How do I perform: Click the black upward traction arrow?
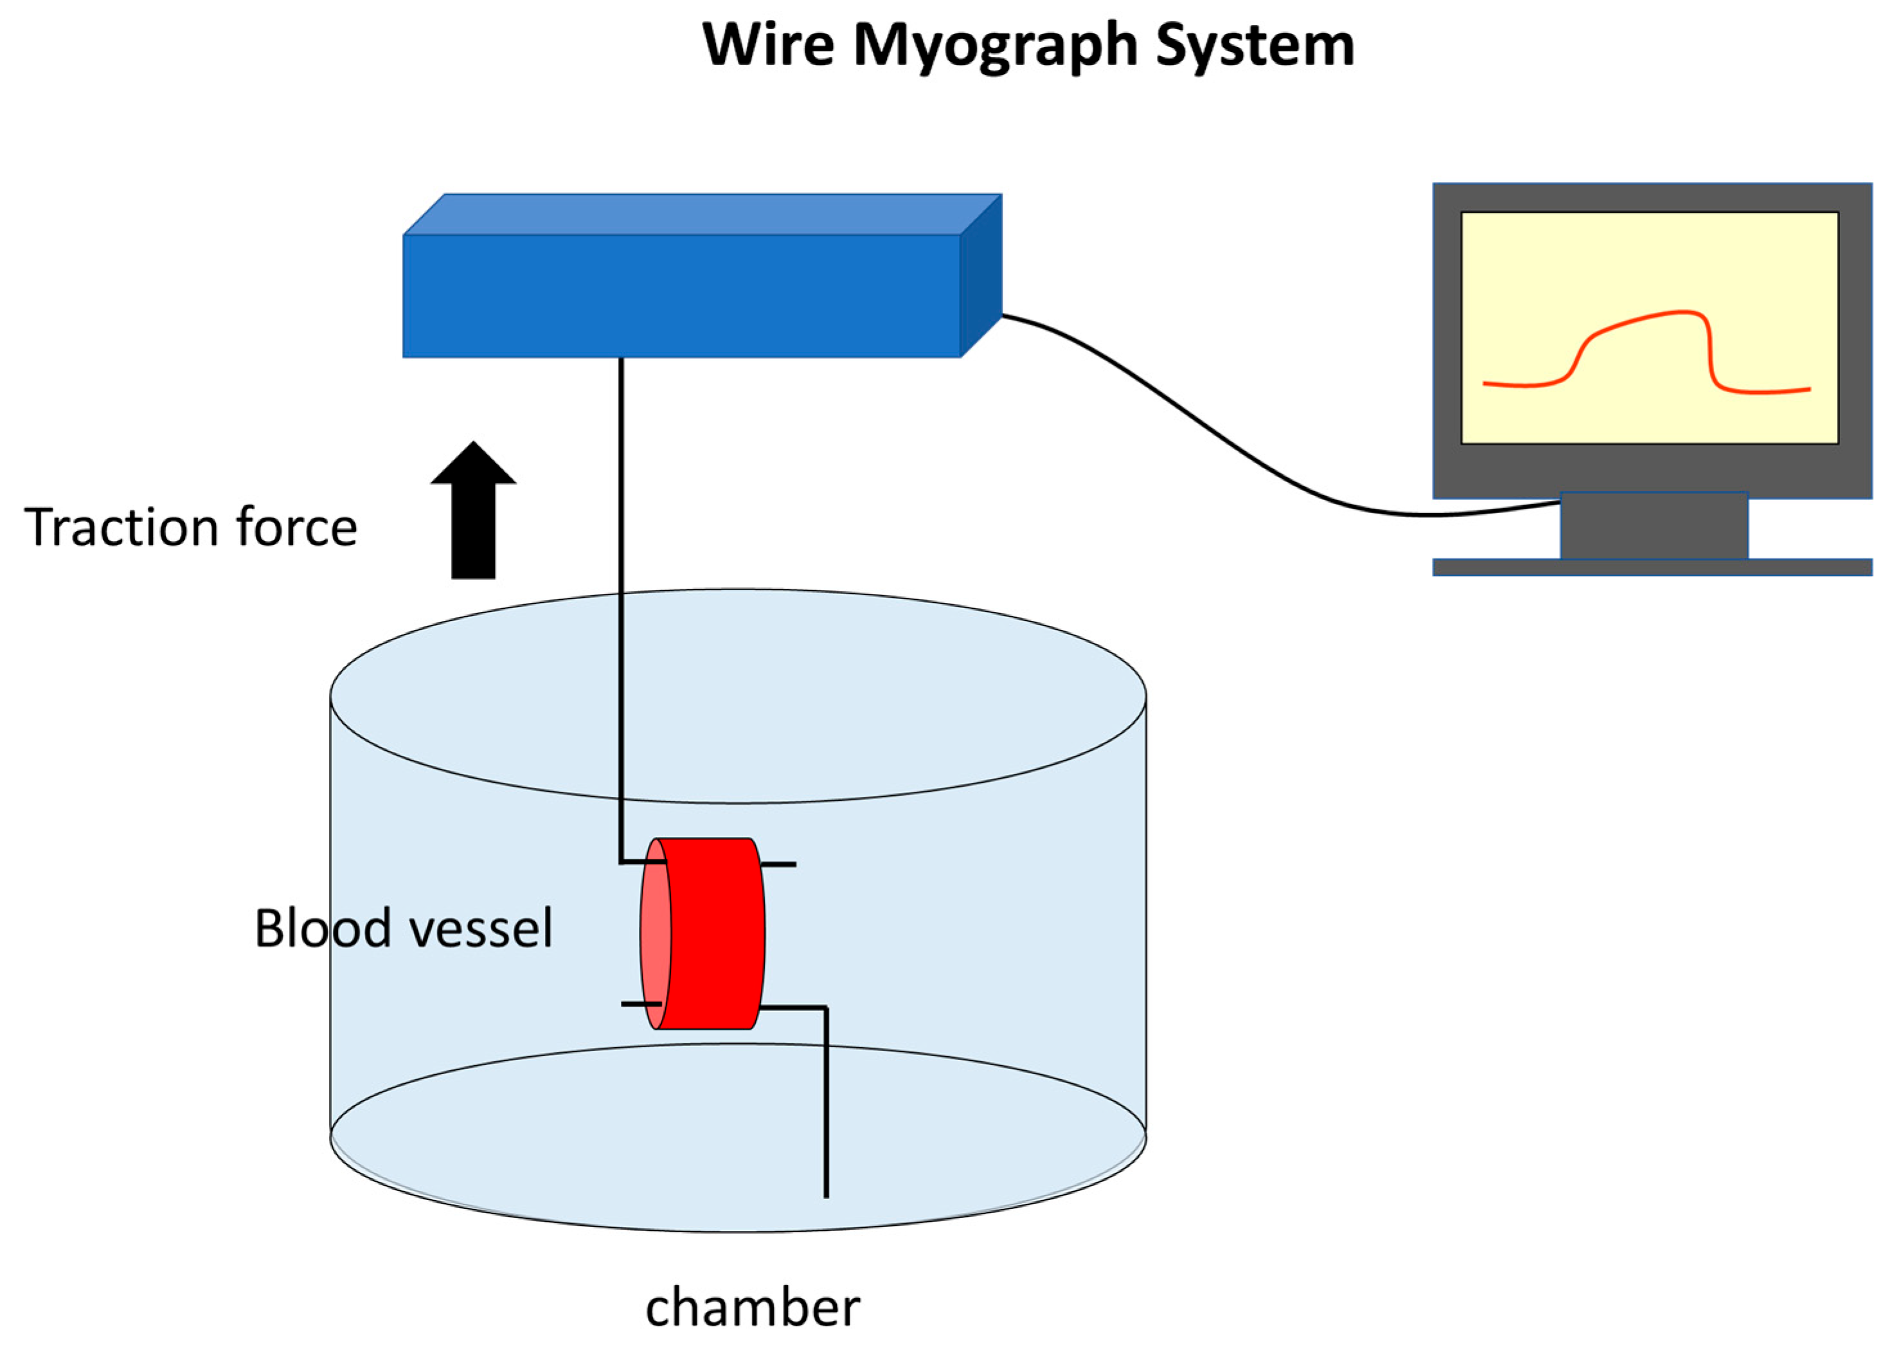point(473,510)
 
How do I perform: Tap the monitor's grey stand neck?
point(1654,526)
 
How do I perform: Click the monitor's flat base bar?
point(1652,568)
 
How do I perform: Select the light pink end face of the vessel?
point(656,933)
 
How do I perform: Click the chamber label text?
point(753,1307)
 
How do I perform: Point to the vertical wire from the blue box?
point(622,609)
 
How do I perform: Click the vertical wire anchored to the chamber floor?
point(826,1103)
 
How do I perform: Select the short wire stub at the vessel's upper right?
point(778,865)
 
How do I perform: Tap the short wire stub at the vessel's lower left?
point(641,1004)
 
